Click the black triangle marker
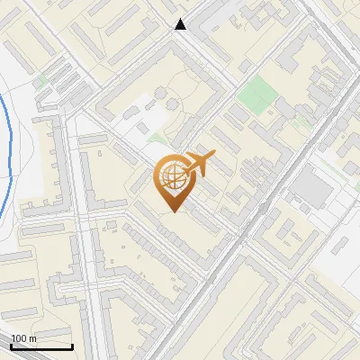(181, 24)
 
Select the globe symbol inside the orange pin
(171, 177)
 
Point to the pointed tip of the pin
(172, 212)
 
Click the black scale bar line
(41, 347)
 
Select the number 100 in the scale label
(19, 339)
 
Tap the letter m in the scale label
(32, 339)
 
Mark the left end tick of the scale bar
(11, 346)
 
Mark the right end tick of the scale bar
(72, 346)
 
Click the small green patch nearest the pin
(157, 139)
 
